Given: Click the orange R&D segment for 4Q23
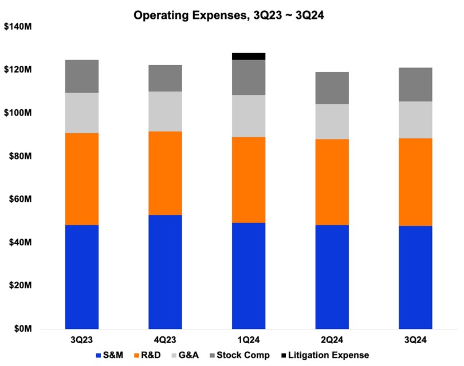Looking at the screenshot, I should [165, 173].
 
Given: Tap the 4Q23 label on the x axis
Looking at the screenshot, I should [165, 340].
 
